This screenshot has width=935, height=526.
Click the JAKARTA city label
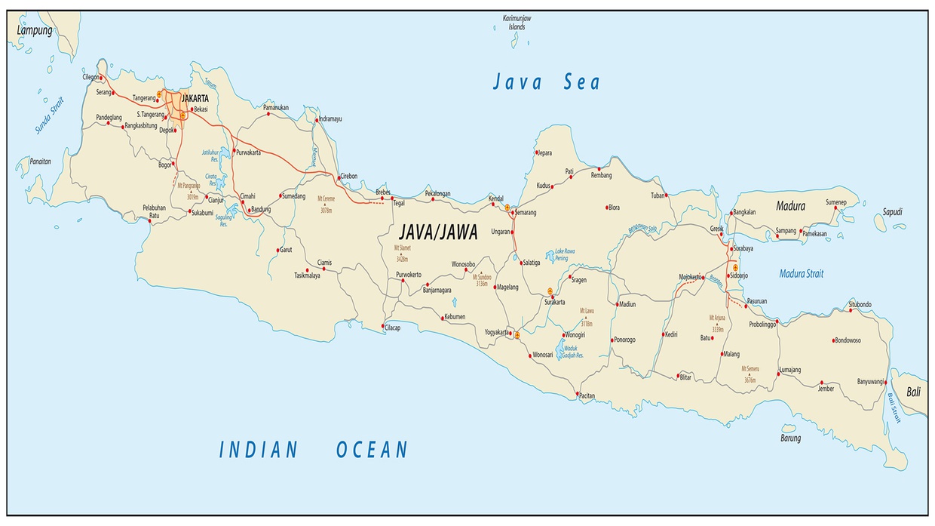click(x=195, y=98)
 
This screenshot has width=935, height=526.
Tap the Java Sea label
click(x=546, y=82)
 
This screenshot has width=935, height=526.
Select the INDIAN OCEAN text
click(x=313, y=451)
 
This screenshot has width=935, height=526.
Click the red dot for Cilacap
click(x=383, y=326)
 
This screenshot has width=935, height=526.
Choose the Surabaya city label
click(x=743, y=248)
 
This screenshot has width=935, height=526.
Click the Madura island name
click(x=790, y=206)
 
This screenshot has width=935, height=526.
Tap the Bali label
click(x=913, y=392)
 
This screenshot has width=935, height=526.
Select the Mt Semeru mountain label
click(x=750, y=373)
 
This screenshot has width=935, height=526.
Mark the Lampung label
click(x=35, y=31)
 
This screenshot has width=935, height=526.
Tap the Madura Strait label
click(x=801, y=274)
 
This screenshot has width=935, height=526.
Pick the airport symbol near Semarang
click(x=507, y=207)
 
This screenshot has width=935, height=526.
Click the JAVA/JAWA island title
click(x=437, y=232)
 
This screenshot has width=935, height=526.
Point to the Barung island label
click(x=790, y=438)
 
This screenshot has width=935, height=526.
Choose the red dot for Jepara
click(x=536, y=152)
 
